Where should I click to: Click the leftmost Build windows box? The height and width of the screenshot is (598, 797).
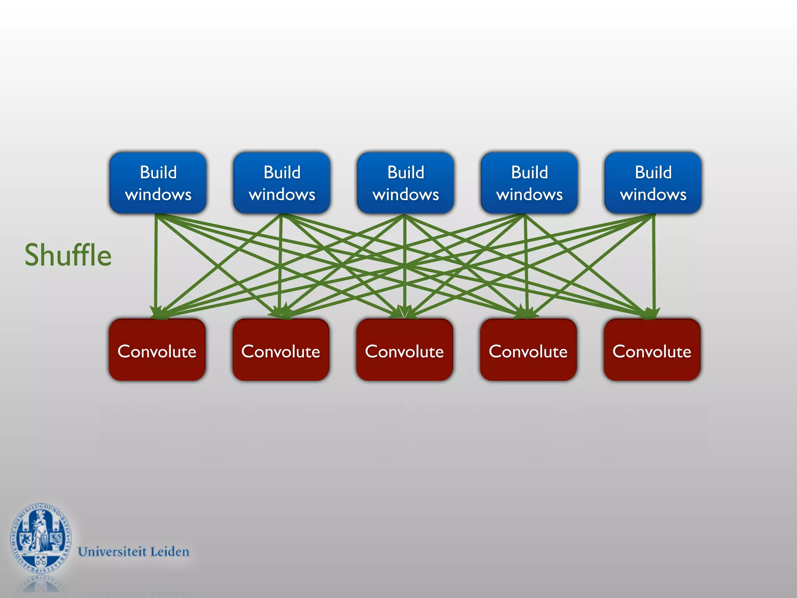coord(158,183)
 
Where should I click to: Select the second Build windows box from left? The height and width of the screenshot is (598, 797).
coord(282,183)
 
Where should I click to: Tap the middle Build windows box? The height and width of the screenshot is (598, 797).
coord(406,183)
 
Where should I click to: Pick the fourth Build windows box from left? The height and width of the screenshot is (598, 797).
coord(529,183)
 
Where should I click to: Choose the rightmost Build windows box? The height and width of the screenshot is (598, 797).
coord(653,183)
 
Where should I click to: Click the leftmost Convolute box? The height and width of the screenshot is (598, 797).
coord(157,350)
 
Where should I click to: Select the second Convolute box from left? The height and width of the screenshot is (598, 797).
coord(281,350)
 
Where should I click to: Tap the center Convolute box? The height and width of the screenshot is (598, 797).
coord(404,350)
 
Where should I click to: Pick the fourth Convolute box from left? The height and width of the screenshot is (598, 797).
coord(528,350)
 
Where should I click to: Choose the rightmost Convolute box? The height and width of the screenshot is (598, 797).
coord(652,350)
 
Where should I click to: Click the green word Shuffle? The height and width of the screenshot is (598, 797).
coord(68,255)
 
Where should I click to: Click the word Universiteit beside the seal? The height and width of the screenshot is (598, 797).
coord(112,552)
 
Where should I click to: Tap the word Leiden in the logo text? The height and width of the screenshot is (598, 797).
coord(170,552)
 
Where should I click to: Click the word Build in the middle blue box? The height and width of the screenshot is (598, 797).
coord(406,172)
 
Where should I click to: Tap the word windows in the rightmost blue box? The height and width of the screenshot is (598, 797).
coord(653,194)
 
